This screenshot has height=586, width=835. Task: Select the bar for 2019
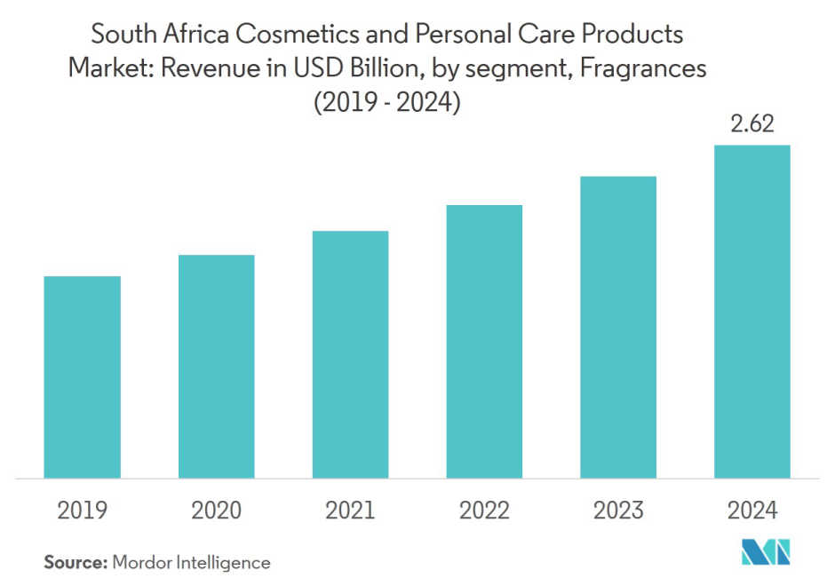click(82, 377)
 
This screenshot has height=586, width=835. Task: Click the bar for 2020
click(216, 367)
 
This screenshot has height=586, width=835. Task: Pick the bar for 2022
click(484, 342)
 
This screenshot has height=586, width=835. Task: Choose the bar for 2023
click(618, 328)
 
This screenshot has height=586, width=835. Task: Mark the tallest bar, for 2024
click(752, 312)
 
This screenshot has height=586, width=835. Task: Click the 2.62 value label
click(752, 124)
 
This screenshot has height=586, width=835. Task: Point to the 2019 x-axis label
click(82, 511)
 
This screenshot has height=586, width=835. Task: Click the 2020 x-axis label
click(216, 511)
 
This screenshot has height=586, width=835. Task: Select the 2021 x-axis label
click(350, 511)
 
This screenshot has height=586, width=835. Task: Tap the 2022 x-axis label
click(484, 511)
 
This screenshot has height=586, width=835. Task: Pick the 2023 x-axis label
click(618, 511)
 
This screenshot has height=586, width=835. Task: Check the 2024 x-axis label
click(752, 511)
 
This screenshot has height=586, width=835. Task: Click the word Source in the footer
click(74, 562)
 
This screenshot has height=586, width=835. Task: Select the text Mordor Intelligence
click(190, 562)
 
